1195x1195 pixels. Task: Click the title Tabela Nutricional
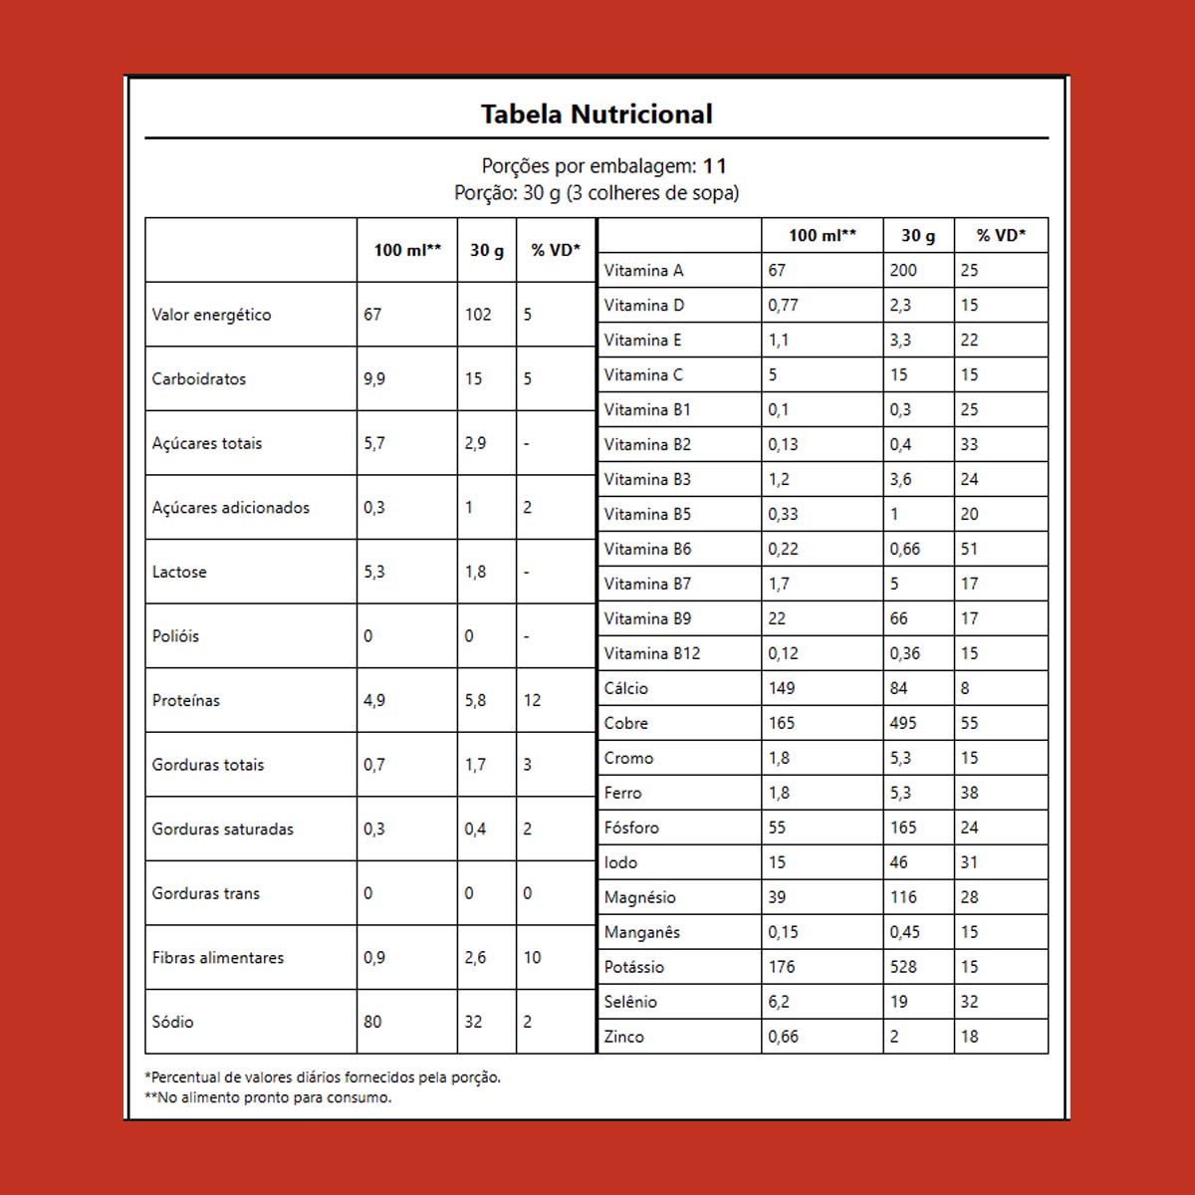[x=597, y=115]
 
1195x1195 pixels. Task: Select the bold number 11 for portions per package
[x=715, y=166]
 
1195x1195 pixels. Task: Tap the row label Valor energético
[x=211, y=315]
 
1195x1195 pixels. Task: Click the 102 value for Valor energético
[x=478, y=315]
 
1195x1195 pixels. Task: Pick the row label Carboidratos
[x=198, y=379]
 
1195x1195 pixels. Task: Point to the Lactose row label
[x=179, y=573]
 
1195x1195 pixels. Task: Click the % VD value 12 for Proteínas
[x=532, y=701]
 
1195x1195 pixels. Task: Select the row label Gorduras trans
[x=205, y=893]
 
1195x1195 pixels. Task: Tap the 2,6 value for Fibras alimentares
[x=475, y=958]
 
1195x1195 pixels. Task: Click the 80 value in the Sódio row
[x=372, y=1022]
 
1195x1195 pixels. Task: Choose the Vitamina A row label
[x=643, y=271]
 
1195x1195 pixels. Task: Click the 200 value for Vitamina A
[x=903, y=271]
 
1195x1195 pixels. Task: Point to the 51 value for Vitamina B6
[x=969, y=550]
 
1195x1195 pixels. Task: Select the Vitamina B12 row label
[x=651, y=654]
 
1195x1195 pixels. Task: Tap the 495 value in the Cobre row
[x=903, y=724]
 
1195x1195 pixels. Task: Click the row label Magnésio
[x=639, y=898]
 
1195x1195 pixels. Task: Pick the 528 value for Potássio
[x=903, y=968]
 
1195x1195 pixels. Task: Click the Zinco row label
[x=623, y=1038]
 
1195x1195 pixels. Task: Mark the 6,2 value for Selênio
[x=779, y=1003]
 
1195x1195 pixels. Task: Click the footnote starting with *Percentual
[x=323, y=1077]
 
